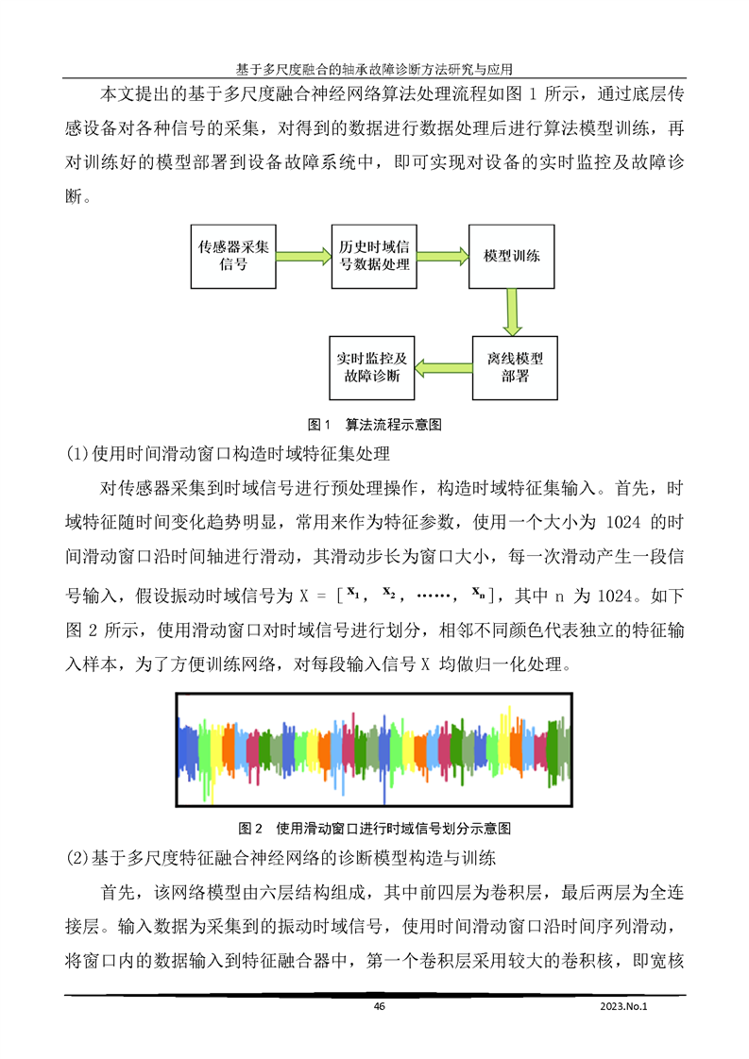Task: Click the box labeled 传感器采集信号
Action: tap(233, 256)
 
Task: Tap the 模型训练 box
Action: tap(512, 256)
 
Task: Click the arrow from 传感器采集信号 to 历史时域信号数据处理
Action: tap(303, 256)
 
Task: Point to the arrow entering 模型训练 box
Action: tap(444, 256)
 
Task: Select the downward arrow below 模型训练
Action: tap(513, 311)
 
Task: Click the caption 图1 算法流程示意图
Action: tap(375, 424)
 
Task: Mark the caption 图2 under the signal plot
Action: tap(375, 829)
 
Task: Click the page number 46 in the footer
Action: tap(380, 1006)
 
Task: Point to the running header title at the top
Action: tap(375, 69)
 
